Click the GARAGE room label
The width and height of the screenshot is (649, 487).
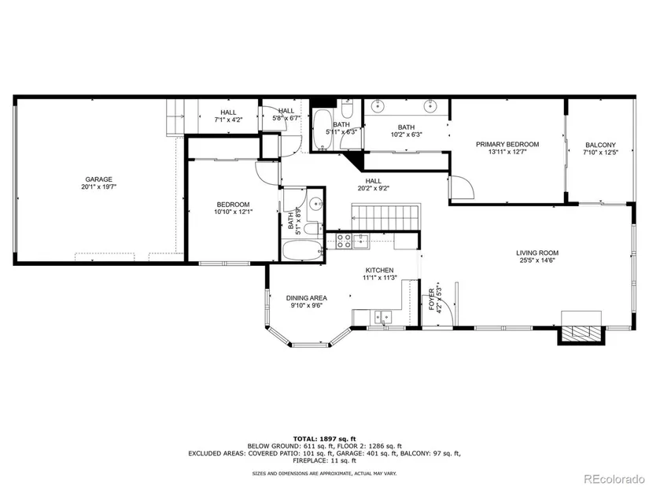point(98,179)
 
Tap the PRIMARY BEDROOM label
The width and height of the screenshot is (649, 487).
point(507,144)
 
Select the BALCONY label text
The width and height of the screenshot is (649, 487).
point(600,145)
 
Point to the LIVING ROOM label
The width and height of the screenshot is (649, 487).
point(537,253)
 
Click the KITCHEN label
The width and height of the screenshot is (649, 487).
point(379,270)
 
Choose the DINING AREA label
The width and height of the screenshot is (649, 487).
point(307,297)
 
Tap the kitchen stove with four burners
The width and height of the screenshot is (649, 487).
point(344,241)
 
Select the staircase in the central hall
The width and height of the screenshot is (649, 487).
point(385,216)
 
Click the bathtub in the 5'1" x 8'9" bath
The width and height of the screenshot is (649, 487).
point(303,250)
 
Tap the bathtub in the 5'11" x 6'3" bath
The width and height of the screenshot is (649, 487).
point(322,130)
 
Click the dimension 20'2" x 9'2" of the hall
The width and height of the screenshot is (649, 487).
point(374,188)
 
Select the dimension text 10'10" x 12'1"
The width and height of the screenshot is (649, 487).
point(234,212)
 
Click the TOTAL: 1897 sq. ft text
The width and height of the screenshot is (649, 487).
point(324,438)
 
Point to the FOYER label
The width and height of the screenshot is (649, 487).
point(431,299)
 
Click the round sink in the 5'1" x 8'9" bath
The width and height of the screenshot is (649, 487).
point(316,203)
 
